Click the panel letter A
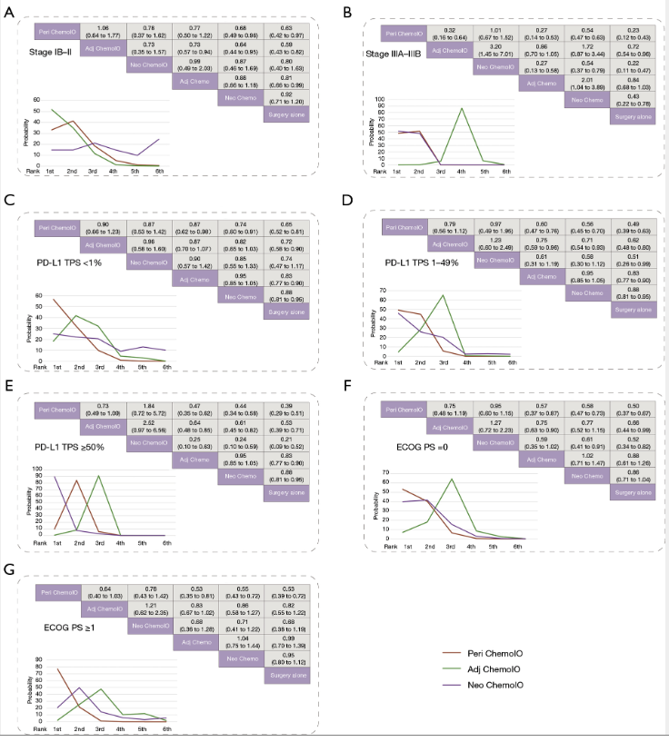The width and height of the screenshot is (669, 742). pos(8,12)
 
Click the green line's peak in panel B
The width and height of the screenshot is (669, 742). pos(462,108)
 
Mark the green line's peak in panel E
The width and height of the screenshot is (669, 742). pos(97,476)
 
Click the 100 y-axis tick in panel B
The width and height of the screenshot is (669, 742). pos(379,99)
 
